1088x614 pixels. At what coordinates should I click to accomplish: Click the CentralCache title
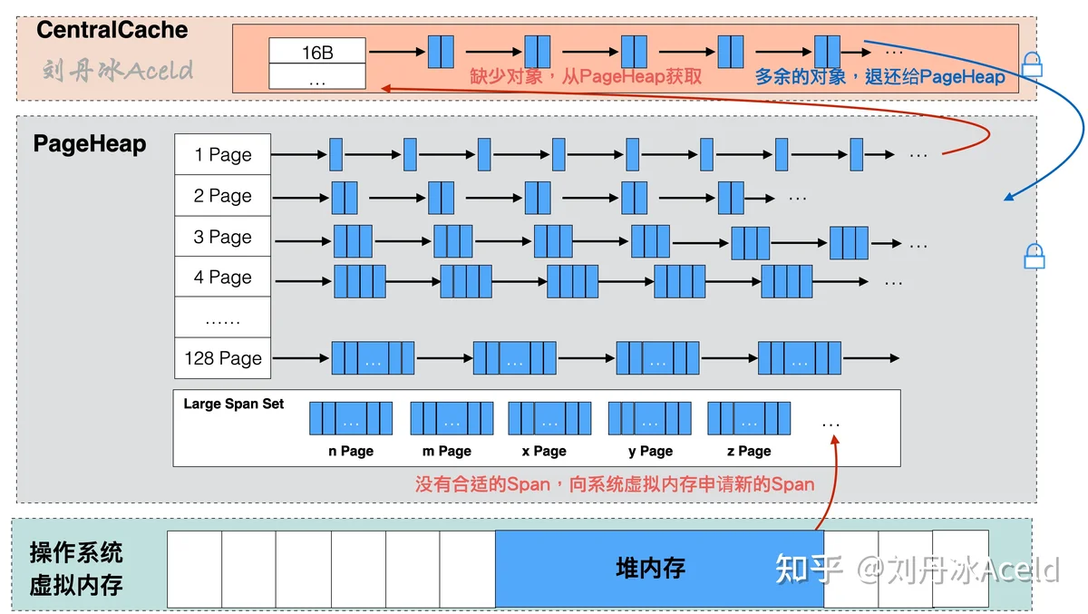click(x=112, y=30)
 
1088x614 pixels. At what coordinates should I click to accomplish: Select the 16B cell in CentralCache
click(x=317, y=51)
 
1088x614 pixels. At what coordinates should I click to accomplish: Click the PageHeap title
click(x=90, y=144)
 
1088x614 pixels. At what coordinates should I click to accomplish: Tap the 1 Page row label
click(x=223, y=154)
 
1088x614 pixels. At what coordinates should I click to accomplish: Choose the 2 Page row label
click(x=223, y=195)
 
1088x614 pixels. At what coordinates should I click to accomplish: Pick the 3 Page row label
click(x=223, y=237)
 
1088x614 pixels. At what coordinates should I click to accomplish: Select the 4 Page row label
click(x=223, y=277)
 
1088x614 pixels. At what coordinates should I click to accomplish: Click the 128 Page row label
click(x=223, y=358)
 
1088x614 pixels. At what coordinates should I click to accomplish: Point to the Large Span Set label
click(x=234, y=404)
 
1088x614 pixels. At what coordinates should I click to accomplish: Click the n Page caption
click(x=351, y=452)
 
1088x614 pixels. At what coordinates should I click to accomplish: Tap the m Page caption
click(x=447, y=452)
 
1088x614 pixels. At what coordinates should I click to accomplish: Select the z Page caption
click(x=749, y=452)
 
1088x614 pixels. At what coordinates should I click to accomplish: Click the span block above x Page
click(x=549, y=418)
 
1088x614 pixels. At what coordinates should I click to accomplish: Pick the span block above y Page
click(x=650, y=418)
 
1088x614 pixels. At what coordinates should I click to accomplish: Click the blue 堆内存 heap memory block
click(x=660, y=569)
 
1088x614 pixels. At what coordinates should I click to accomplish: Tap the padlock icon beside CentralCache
click(x=1032, y=64)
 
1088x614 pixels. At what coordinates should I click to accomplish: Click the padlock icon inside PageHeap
click(x=1035, y=256)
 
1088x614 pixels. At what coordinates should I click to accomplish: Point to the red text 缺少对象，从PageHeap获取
click(x=586, y=77)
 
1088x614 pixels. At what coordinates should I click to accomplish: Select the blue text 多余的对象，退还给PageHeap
click(x=880, y=77)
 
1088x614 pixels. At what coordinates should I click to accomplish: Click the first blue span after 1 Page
click(x=335, y=154)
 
